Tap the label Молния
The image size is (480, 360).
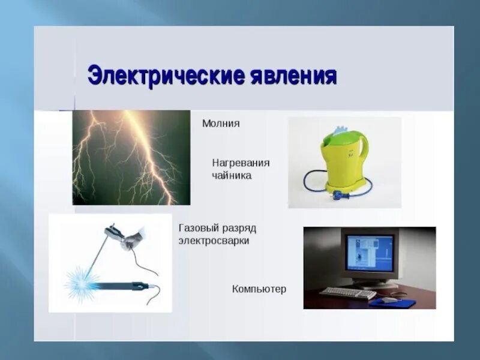coord(221,124)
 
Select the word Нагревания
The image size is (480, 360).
coord(241,163)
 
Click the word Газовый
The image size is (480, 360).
coord(199,229)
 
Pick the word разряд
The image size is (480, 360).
coord(240,229)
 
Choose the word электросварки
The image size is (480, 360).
coord(214,241)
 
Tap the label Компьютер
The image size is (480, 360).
coord(259,289)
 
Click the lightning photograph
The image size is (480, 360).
coord(131,157)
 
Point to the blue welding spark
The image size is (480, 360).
coord(80,278)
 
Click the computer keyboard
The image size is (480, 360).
coord(347,293)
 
